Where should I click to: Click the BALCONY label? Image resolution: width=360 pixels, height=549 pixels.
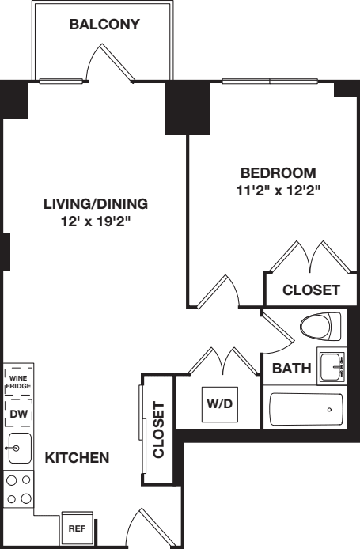pyautogui.click(x=104, y=25)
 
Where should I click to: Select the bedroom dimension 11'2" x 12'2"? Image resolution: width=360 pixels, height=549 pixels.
pyautogui.click(x=278, y=190)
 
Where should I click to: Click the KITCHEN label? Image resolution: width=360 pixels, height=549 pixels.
pyautogui.click(x=77, y=458)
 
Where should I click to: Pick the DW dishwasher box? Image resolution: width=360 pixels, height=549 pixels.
pyautogui.click(x=18, y=413)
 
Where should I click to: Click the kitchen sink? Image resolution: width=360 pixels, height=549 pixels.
pyautogui.click(x=18, y=448)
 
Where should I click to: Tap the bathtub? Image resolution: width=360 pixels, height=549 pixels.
pyautogui.click(x=307, y=410)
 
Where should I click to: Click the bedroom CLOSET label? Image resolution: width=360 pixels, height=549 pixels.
pyautogui.click(x=311, y=290)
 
